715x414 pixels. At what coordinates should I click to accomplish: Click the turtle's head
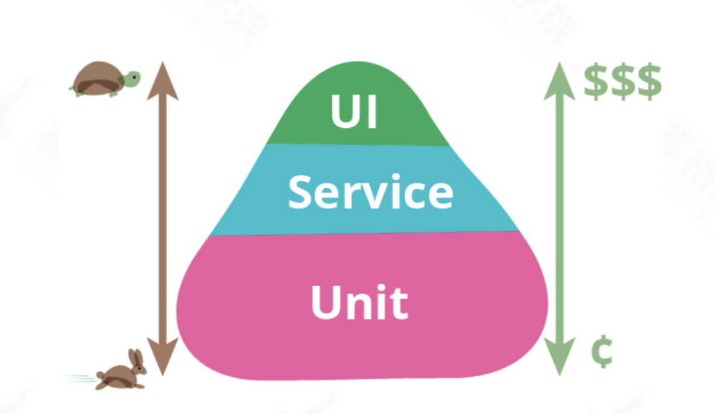(x=132, y=79)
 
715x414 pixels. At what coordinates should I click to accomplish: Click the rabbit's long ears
(x=137, y=360)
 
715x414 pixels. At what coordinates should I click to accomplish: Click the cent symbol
(x=601, y=352)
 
